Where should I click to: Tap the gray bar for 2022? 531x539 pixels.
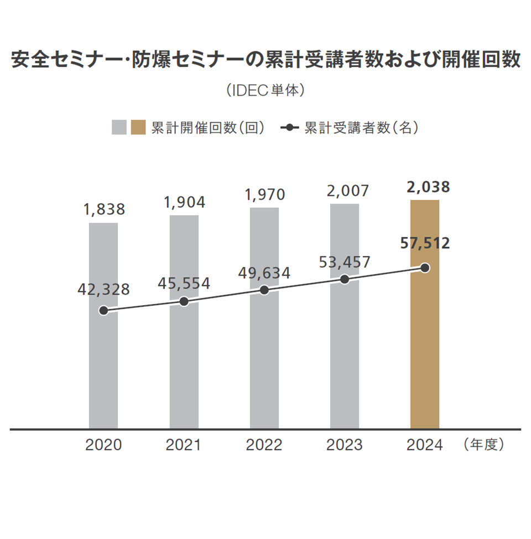pos(264,359)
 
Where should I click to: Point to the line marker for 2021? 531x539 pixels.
pos(184,302)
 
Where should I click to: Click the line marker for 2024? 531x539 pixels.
pos(425,268)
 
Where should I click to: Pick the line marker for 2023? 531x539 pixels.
pos(345,279)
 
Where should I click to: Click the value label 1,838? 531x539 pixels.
pos(104,210)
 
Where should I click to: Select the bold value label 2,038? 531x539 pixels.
pos(428,187)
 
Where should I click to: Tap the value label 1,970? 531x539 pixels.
pos(264,195)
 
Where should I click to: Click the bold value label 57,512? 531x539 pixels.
pos(425,243)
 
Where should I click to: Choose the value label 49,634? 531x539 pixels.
pos(264,273)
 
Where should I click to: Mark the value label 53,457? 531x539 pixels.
pos(345,262)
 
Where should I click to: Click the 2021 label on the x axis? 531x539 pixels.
pos(184,445)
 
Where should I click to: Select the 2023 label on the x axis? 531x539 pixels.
pos(345,445)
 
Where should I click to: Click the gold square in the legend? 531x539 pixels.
pos(139,127)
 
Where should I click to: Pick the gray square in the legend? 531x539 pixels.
pos(119,127)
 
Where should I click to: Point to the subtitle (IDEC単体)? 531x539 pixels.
pos(265,90)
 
